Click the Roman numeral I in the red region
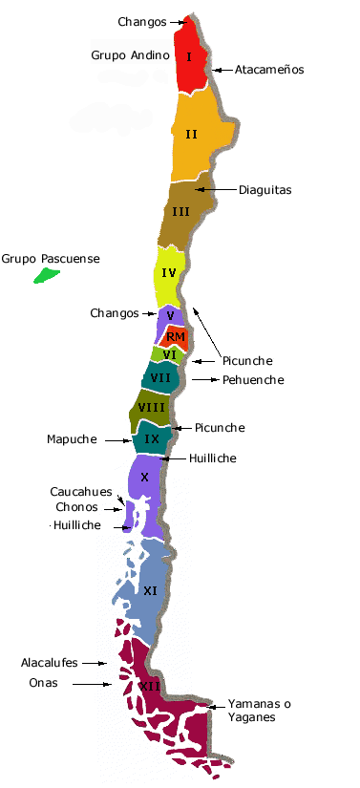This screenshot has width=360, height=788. click(190, 57)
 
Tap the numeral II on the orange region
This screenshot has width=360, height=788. click(191, 134)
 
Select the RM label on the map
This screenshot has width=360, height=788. click(175, 336)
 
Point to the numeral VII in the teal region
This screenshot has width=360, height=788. click(160, 377)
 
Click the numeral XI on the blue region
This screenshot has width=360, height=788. click(150, 591)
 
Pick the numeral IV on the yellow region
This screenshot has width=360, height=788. click(169, 273)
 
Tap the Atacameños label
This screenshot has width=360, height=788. click(269, 70)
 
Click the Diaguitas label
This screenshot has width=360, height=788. click(265, 190)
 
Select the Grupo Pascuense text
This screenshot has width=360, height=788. click(51, 259)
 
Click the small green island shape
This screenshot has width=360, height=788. click(44, 276)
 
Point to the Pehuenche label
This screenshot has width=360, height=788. click(253, 380)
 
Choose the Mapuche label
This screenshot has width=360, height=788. click(72, 439)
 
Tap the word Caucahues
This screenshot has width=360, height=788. click(82, 491)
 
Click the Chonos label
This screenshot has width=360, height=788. click(76, 507)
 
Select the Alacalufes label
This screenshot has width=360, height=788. click(50, 662)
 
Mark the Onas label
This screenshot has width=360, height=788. click(44, 683)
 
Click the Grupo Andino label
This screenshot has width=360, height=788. click(131, 55)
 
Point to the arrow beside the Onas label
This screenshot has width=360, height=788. click(94, 684)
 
